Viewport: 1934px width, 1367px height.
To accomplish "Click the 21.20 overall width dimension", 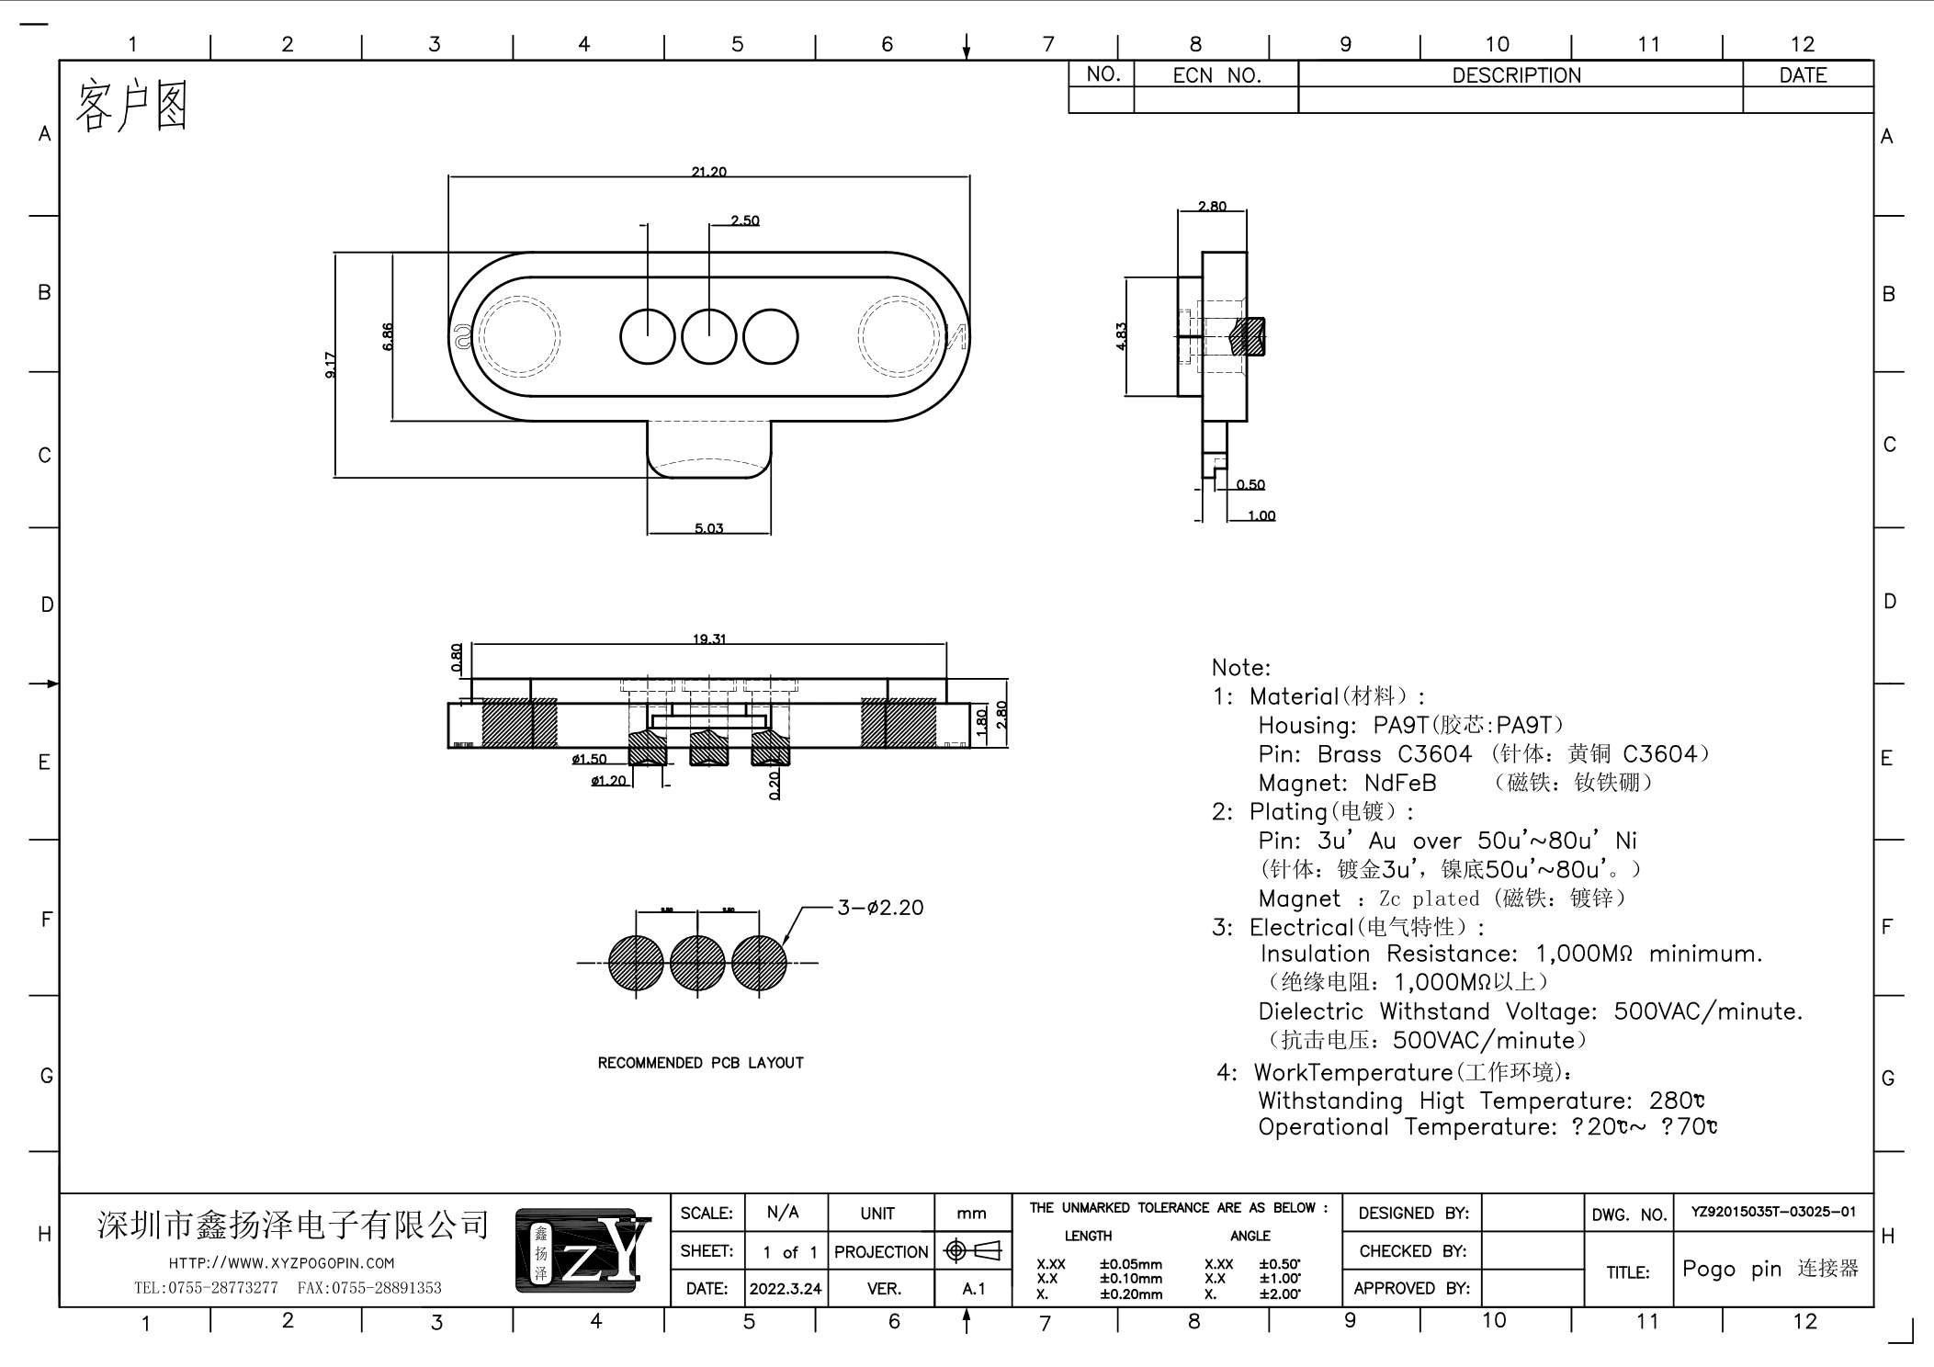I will [x=708, y=172].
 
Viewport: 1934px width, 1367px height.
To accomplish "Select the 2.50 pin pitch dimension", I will [x=744, y=220].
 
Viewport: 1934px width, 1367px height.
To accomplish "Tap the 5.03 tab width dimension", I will [x=708, y=528].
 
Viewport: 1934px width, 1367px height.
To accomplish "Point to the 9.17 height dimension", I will [x=330, y=365].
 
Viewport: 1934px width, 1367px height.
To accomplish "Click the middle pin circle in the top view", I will [x=709, y=337].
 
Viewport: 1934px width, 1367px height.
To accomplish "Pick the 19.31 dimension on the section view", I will [x=708, y=638].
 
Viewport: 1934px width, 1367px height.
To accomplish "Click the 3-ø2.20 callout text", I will [x=879, y=908].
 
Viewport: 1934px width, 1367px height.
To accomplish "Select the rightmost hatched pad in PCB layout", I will [x=759, y=963].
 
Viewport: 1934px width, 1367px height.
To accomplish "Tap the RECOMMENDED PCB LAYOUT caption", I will [x=700, y=1063].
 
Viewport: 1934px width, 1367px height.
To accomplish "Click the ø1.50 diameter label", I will [x=589, y=759].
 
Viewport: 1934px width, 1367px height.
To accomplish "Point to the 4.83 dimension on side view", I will [x=1121, y=336].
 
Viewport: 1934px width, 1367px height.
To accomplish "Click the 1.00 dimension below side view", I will [x=1261, y=516].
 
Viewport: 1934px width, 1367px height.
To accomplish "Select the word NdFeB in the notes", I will [x=1399, y=783].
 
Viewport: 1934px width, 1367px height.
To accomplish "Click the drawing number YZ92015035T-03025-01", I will [x=1773, y=1212].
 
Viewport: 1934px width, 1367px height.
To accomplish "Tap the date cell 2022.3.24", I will [x=785, y=1289].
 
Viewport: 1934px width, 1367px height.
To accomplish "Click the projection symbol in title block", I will [x=972, y=1250].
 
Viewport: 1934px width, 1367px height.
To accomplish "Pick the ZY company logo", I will [x=583, y=1250].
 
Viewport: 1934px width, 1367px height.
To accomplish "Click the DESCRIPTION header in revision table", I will [x=1516, y=75].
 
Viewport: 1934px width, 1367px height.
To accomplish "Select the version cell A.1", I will [x=973, y=1289].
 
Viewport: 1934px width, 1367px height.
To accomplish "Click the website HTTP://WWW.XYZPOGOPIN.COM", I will [x=281, y=1263].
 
